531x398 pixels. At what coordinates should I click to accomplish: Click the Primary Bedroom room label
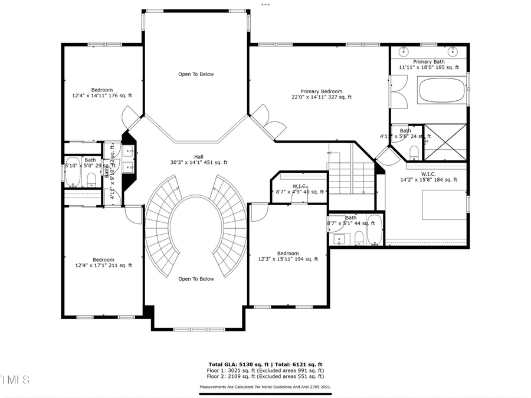click(322, 94)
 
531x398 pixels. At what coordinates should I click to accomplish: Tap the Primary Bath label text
click(429, 64)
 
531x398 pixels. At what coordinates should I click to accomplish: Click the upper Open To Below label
click(196, 74)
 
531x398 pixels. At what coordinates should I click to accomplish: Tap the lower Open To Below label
click(196, 279)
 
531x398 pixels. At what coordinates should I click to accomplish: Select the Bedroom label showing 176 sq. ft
click(102, 93)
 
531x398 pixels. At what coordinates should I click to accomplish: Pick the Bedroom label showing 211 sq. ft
click(103, 262)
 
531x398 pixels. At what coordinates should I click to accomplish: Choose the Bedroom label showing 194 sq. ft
click(288, 256)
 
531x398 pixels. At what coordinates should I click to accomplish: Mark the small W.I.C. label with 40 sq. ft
click(300, 189)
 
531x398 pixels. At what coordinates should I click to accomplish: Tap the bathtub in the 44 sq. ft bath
click(374, 231)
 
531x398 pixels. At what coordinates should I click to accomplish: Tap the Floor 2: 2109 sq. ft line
click(265, 376)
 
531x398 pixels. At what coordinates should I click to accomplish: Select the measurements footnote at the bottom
click(265, 387)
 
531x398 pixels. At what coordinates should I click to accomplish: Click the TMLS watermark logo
click(15, 379)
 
